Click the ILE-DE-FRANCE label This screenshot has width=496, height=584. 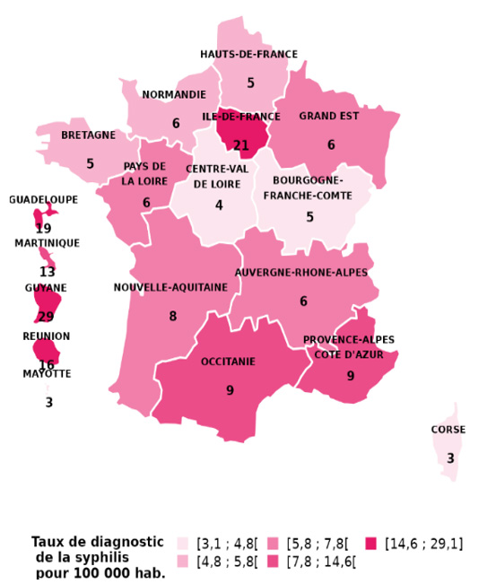click(x=240, y=117)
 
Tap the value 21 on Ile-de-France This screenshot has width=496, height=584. click(x=240, y=145)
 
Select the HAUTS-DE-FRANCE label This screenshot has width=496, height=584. click(x=248, y=54)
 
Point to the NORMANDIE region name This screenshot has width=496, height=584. click(x=174, y=94)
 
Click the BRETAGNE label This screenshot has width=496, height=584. click(x=88, y=135)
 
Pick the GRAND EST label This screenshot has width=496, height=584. click(x=329, y=117)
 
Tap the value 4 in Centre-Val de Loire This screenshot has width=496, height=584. click(x=219, y=205)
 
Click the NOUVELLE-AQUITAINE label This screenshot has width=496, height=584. click(x=170, y=288)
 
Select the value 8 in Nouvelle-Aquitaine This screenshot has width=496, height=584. click(x=172, y=317)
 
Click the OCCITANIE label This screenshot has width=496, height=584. click(x=228, y=362)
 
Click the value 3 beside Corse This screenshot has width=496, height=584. click(x=450, y=459)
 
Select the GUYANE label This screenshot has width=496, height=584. click(x=46, y=288)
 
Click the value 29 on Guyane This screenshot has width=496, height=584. click(x=46, y=316)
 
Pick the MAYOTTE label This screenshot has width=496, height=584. click(x=47, y=374)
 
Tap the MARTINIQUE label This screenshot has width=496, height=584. click(x=47, y=243)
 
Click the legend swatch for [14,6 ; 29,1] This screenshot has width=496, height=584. click(x=371, y=544)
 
